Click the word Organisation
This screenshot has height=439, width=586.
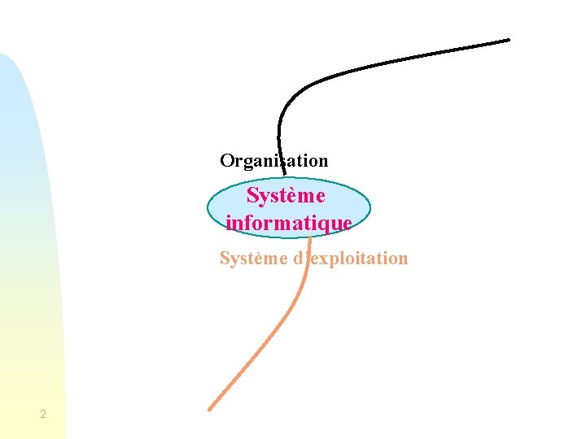(274, 161)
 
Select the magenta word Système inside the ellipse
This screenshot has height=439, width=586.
(286, 196)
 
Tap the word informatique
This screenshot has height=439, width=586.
(289, 222)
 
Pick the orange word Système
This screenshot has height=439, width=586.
(253, 259)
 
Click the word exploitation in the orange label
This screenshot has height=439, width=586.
(359, 259)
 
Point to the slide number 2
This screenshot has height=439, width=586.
(43, 415)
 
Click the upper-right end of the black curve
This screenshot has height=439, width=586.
(508, 40)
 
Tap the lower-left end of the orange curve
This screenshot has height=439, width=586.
(211, 408)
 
